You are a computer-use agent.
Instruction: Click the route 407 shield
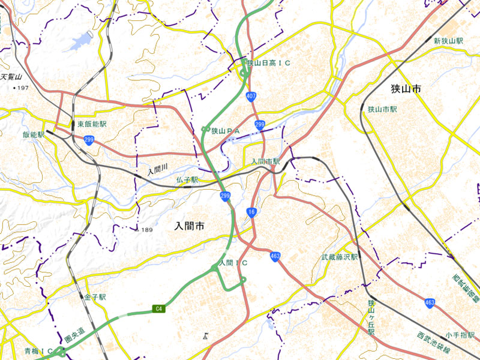tap(251, 96)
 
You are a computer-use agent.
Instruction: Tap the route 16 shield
tap(251, 212)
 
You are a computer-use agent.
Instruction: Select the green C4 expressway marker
tap(158, 309)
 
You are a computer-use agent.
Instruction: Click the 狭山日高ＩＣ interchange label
tap(268, 63)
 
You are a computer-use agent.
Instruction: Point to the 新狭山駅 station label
tap(449, 41)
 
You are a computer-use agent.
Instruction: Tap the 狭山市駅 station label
tap(383, 110)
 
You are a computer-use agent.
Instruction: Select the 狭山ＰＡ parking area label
tap(226, 130)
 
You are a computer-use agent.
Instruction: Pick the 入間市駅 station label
tap(265, 162)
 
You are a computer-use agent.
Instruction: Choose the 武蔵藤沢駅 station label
tap(339, 257)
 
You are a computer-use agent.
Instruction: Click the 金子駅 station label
tap(95, 297)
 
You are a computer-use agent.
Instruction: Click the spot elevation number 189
tap(145, 230)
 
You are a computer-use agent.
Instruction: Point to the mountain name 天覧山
tap(11, 77)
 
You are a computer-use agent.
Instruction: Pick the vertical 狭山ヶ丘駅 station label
tap(371, 318)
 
